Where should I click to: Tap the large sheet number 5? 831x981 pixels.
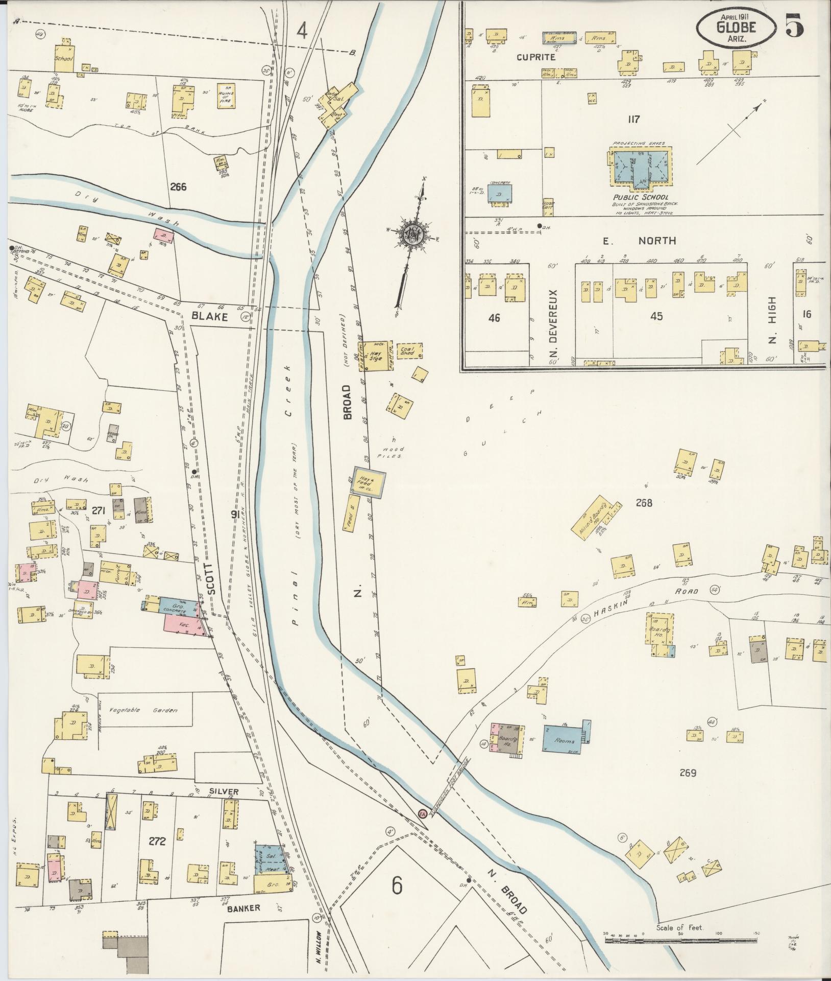[x=794, y=26]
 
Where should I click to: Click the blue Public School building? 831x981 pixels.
[x=640, y=167]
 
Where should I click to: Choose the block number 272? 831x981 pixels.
[x=157, y=840]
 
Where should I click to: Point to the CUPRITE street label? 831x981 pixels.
[x=535, y=58]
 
